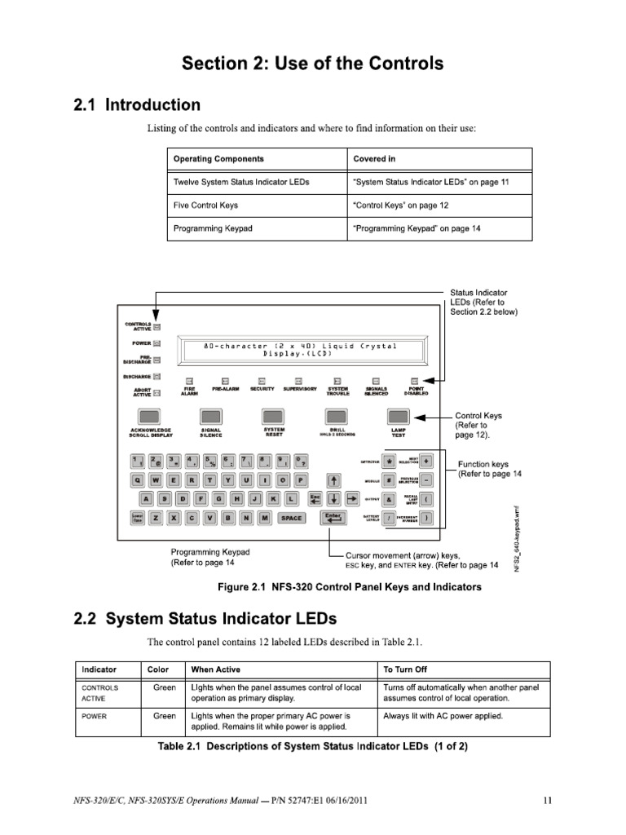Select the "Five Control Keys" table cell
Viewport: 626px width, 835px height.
[x=205, y=205]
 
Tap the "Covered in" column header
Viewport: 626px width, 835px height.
[x=369, y=159]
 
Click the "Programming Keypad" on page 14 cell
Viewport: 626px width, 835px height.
[x=417, y=228]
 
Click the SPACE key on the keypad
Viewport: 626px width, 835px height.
[x=290, y=518]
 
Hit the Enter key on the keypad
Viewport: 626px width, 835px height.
[x=333, y=518]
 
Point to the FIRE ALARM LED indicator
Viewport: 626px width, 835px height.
[x=189, y=380]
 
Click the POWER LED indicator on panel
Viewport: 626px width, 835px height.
[x=156, y=342]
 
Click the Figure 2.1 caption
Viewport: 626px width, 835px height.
[x=348, y=587]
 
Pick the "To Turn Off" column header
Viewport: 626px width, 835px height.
[x=405, y=669]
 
